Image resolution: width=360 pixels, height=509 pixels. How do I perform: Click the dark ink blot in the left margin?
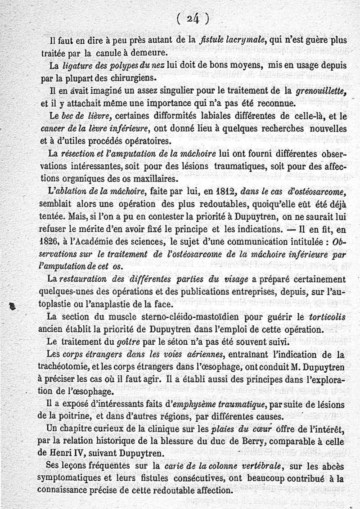point(13,306)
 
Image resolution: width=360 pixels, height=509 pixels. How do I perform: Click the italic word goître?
point(123,342)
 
